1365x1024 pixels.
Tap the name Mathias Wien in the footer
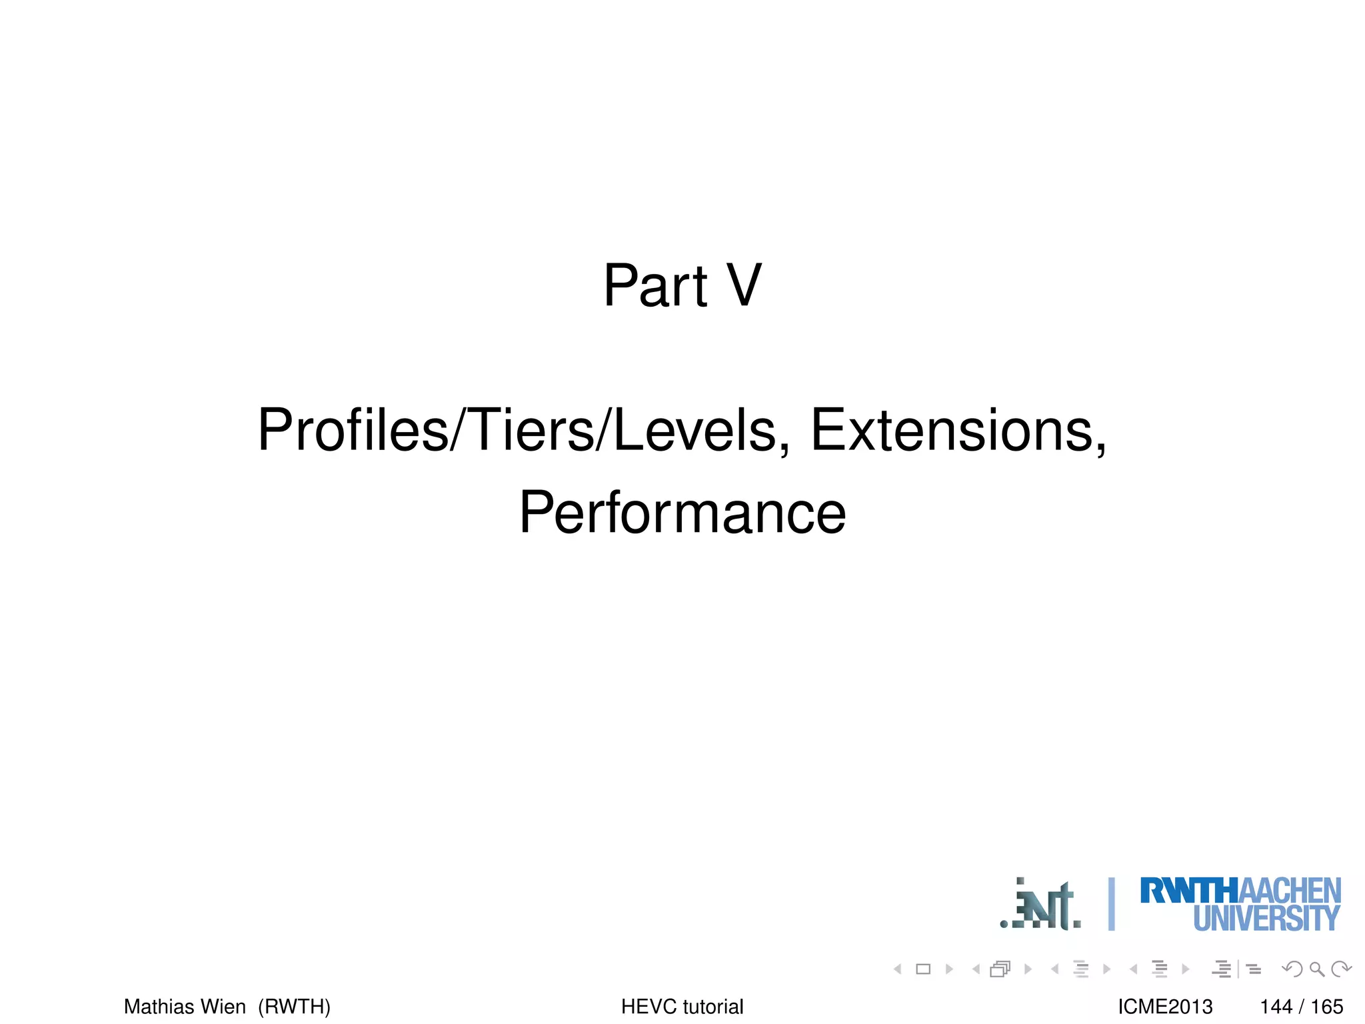(185, 1006)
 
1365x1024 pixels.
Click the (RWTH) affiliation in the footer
(295, 1006)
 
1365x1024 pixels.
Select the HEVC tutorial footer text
(682, 1006)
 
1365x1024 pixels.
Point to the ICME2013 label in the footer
(1165, 1006)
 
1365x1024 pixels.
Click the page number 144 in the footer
(1276, 1006)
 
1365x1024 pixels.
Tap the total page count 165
(1327, 1006)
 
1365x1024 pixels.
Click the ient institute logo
(1041, 905)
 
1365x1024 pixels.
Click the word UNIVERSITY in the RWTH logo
(1266, 918)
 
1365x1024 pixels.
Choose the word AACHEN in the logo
(1290, 891)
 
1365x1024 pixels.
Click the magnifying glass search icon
(1316, 969)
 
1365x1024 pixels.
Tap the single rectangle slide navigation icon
(923, 969)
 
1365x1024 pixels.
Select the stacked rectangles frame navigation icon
(1000, 969)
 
